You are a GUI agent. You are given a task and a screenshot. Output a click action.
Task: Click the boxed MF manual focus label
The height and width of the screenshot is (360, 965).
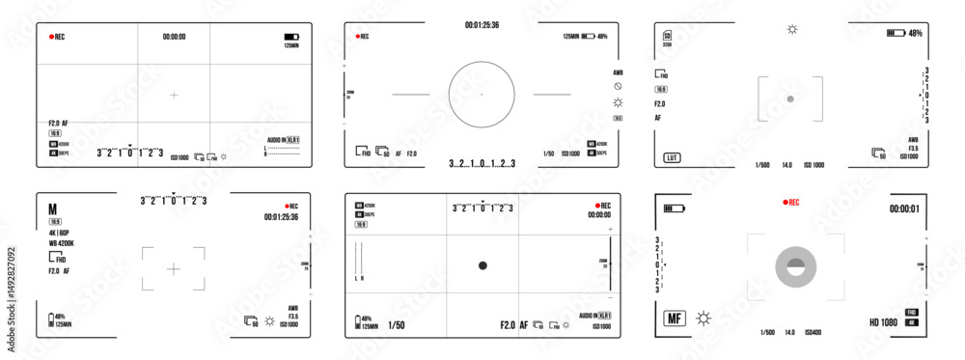674,317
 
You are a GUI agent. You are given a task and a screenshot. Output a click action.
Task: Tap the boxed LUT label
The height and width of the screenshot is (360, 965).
670,157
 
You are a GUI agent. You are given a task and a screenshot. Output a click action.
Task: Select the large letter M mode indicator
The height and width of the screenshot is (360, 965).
54,209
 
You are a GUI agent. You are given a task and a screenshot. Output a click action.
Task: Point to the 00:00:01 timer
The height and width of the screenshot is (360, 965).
904,208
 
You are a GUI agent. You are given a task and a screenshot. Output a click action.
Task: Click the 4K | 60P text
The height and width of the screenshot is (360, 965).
60,233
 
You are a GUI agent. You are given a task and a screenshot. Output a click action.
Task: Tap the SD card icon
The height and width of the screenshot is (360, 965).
667,36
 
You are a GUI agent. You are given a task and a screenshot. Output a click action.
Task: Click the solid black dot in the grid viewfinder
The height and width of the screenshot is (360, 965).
482,265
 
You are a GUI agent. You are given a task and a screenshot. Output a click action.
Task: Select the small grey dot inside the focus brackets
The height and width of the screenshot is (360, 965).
789,98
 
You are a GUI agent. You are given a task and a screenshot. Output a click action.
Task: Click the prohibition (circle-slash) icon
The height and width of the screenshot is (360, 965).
618,87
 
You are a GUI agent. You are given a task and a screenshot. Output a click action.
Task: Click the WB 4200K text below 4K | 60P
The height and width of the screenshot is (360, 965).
64,244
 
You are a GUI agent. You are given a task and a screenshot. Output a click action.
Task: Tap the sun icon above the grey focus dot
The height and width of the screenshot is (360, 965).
792,30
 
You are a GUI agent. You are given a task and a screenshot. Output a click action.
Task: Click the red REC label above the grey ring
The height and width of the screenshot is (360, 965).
791,203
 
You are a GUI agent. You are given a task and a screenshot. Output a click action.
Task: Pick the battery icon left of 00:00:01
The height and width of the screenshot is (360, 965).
673,208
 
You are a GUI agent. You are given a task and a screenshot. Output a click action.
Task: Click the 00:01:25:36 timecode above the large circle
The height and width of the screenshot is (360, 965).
482,24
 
